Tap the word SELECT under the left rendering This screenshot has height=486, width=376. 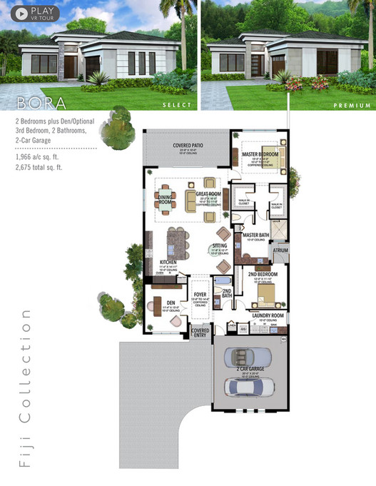(x=177, y=105)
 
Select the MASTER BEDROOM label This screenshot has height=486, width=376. (x=260, y=153)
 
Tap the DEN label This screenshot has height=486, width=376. (x=171, y=302)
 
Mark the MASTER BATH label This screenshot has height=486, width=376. (x=255, y=235)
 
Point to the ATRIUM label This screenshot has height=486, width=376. (x=278, y=252)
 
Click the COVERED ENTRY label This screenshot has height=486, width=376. (x=200, y=333)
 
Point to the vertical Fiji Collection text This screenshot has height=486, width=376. (x=26, y=388)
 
